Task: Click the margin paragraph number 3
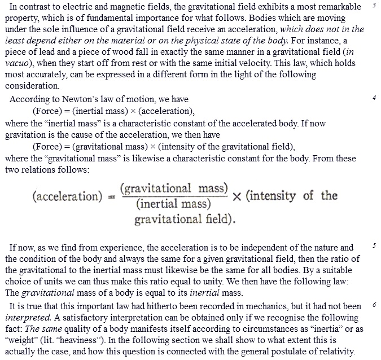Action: (x=374, y=5)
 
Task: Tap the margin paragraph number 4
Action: (x=374, y=98)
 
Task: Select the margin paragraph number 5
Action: (x=374, y=246)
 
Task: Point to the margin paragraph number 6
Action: (x=374, y=305)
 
